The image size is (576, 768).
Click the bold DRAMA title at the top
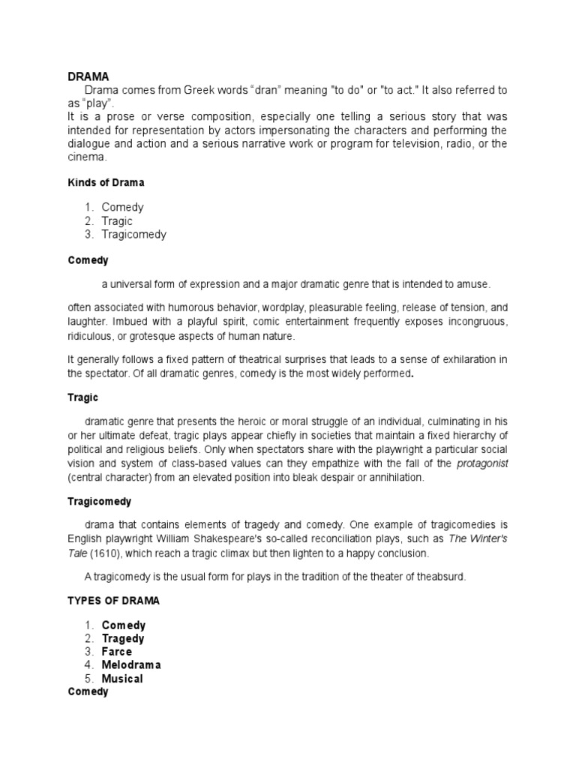click(x=88, y=76)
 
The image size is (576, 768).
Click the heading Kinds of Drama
click(x=106, y=182)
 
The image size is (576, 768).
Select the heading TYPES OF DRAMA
click(x=113, y=601)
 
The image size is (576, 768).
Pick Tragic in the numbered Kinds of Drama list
click(x=117, y=220)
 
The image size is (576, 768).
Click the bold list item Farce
click(x=117, y=652)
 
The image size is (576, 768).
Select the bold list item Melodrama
click(x=131, y=665)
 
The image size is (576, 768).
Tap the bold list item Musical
click(x=122, y=679)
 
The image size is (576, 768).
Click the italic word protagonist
click(x=482, y=463)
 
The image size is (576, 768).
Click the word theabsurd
click(x=425, y=576)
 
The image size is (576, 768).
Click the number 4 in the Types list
click(x=88, y=665)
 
